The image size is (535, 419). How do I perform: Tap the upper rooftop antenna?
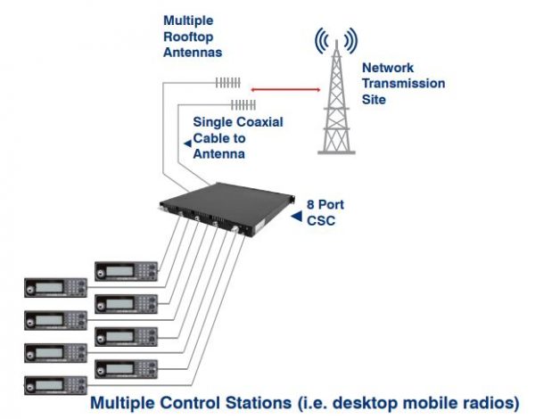coord(227,83)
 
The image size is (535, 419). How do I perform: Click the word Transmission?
coord(402,84)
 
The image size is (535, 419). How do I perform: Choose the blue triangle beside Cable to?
coord(185,141)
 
